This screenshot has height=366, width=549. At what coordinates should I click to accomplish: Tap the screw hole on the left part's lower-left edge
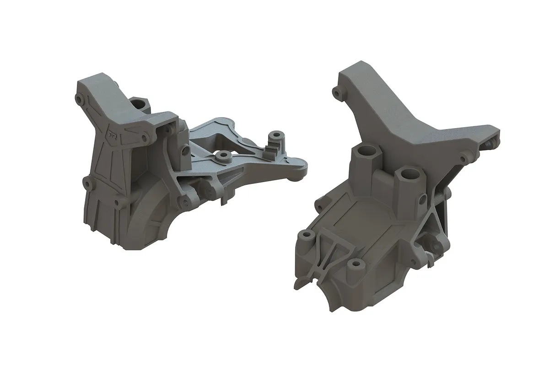tap(87, 183)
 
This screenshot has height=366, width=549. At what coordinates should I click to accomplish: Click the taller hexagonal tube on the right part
tap(365, 156)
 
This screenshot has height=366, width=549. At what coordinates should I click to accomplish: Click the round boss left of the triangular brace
tap(306, 237)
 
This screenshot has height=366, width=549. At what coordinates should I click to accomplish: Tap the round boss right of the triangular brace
tap(354, 266)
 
